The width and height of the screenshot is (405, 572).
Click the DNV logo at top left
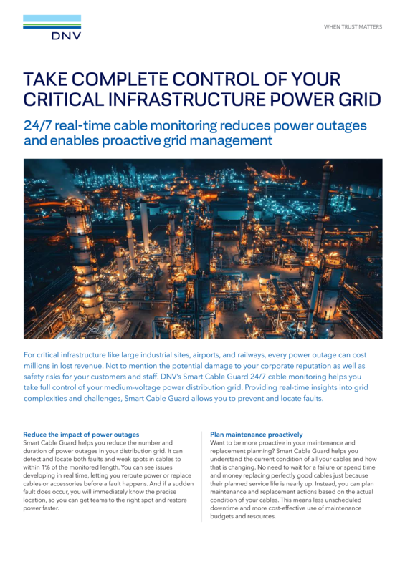pos(52,28)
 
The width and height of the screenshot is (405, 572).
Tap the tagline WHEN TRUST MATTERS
pos(353,26)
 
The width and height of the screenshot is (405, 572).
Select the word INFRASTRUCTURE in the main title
pos(177,100)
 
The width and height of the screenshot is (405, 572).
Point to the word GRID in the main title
pos(356,100)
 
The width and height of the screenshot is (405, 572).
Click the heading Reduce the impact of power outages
pos(81,434)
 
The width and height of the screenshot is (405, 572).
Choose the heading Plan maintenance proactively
pos(256,434)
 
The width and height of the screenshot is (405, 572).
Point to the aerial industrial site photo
pos(202,248)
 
